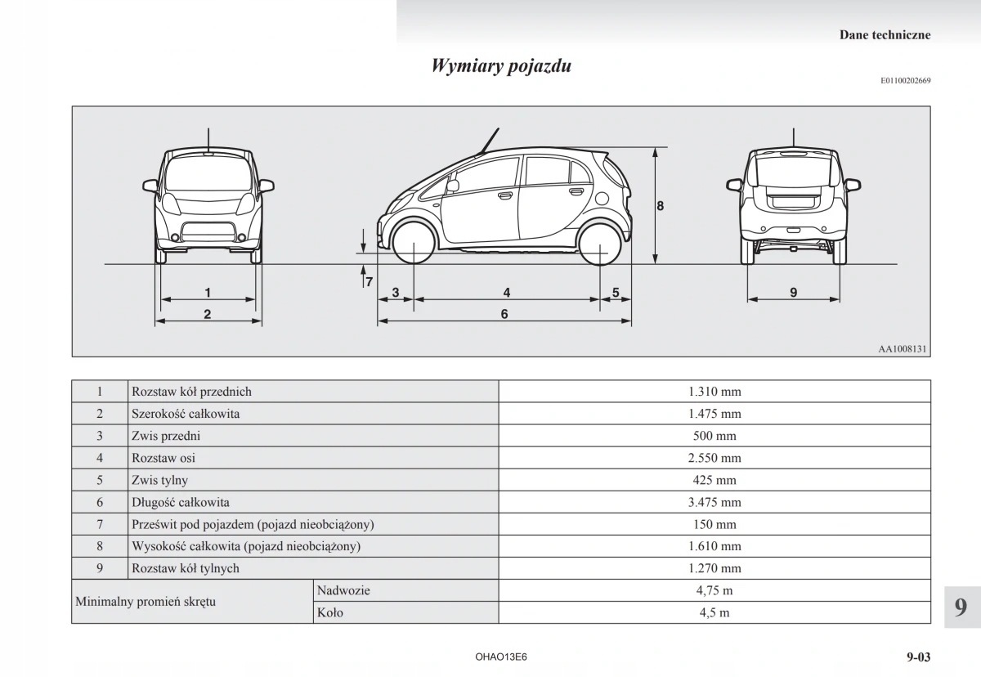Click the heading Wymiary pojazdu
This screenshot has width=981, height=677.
(501, 66)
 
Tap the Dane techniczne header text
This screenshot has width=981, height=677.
(885, 35)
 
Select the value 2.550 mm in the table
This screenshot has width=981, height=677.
(714, 458)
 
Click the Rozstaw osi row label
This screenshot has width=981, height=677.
(163, 458)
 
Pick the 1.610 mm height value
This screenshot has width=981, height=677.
(714, 546)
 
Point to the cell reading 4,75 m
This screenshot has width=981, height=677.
(714, 590)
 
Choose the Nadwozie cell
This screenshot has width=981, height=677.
(338, 590)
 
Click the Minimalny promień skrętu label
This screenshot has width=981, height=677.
(146, 602)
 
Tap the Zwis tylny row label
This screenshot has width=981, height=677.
(159, 480)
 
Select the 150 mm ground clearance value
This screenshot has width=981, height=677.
(714, 524)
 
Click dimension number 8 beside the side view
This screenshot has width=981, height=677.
(661, 206)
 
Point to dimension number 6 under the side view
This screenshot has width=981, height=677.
(504, 314)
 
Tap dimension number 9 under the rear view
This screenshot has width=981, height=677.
(794, 292)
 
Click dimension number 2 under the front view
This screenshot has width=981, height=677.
(208, 314)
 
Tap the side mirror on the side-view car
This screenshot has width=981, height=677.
(452, 186)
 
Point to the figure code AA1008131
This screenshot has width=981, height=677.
(903, 349)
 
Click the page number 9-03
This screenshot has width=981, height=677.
(917, 657)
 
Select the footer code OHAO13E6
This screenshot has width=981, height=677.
(500, 657)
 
